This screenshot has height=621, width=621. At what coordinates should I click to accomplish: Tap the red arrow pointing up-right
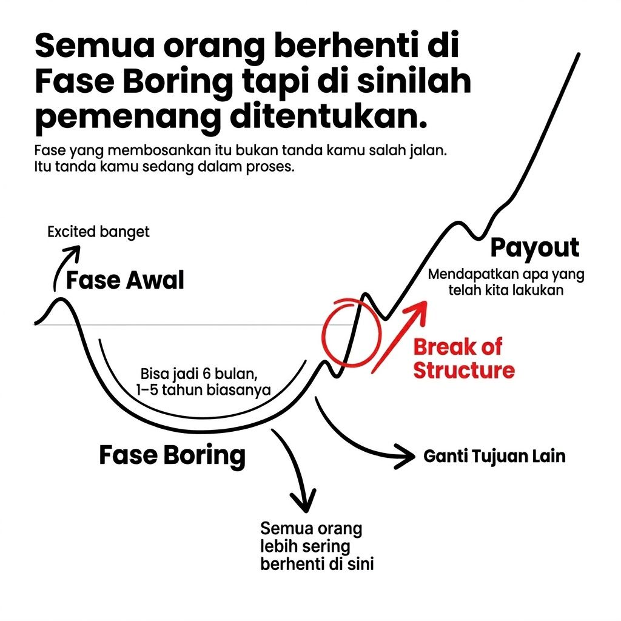[398, 337]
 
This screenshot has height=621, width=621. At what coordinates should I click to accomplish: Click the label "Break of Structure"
[464, 358]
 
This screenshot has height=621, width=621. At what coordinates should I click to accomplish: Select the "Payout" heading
[535, 248]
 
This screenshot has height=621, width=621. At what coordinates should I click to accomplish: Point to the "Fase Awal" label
[125, 280]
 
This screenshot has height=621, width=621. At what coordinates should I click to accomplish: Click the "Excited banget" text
[98, 232]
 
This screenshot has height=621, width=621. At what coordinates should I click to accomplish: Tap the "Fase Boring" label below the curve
[172, 455]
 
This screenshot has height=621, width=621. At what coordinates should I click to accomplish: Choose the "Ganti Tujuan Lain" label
[494, 456]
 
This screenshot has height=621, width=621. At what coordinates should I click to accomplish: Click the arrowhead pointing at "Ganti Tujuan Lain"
[406, 457]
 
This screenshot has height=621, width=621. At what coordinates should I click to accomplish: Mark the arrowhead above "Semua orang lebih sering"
[303, 502]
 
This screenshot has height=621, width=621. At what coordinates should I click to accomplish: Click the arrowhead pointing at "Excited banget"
[74, 252]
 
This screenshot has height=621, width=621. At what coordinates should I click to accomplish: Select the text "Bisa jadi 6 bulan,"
[199, 374]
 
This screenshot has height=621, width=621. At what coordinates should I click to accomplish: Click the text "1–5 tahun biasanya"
[203, 390]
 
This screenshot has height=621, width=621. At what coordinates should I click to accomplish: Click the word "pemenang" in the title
[127, 118]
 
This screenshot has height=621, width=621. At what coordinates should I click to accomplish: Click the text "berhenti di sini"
[317, 564]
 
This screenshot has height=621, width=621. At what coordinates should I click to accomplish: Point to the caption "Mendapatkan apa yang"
[506, 275]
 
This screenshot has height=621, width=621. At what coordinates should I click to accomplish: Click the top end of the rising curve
[579, 54]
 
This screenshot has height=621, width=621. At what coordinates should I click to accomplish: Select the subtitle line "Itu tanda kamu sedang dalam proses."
[165, 167]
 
